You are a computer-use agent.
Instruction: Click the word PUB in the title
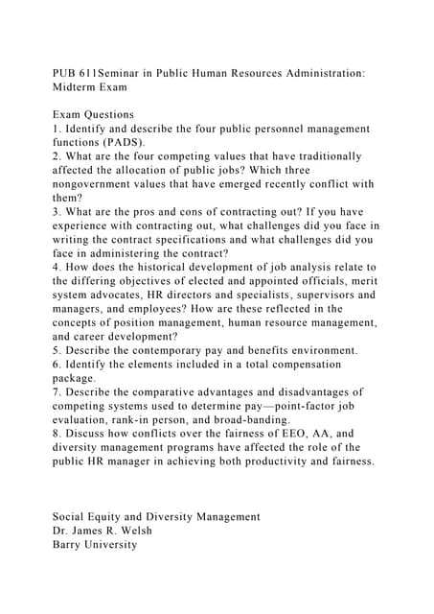(x=66, y=72)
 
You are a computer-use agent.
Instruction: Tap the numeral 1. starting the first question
(x=57, y=128)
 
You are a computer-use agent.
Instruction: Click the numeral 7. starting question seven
(x=57, y=392)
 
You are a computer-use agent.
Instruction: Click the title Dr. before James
(x=61, y=531)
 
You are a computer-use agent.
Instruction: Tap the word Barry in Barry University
(x=69, y=544)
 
